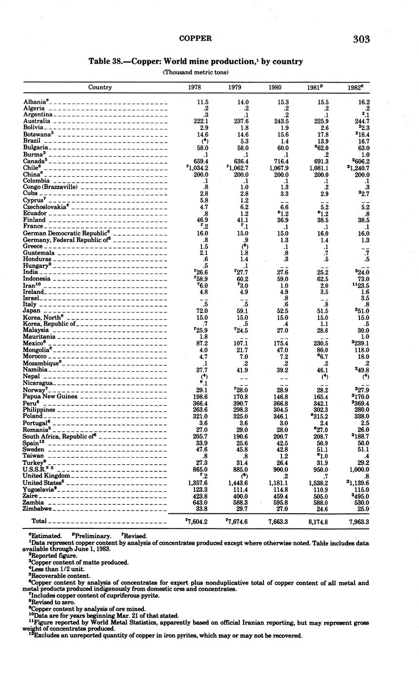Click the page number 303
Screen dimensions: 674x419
pos(361,40)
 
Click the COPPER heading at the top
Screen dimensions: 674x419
pos(196,38)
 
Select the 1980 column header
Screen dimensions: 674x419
pos(275,87)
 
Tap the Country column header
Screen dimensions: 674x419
pos(100,87)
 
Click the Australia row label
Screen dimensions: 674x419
pos(37,121)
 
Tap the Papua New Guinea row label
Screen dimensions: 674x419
pos(50,397)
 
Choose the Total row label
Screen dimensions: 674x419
pos(39,522)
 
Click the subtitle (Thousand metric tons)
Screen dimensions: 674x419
pos(196,72)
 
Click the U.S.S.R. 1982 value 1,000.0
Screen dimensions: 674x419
pos(358,469)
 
